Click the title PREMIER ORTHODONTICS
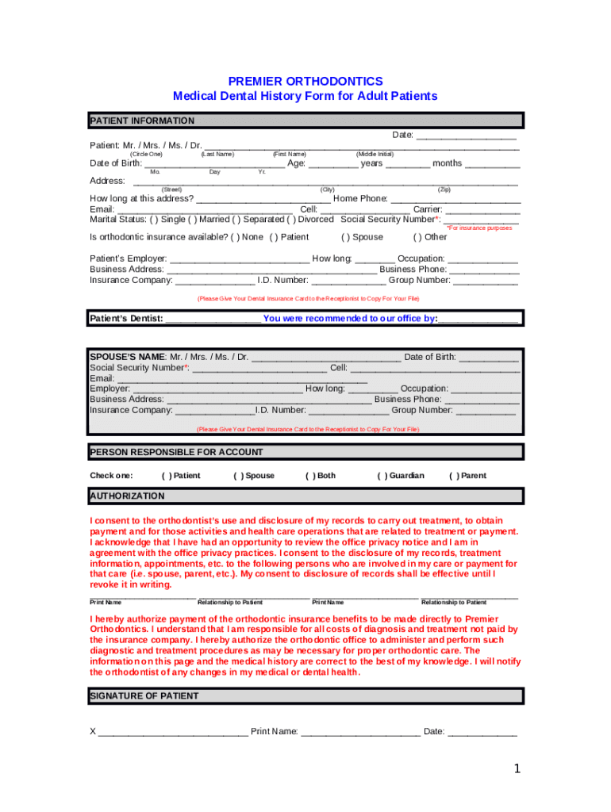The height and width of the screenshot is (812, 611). click(305, 82)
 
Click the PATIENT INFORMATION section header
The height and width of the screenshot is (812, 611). click(143, 121)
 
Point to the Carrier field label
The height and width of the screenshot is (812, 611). click(427, 209)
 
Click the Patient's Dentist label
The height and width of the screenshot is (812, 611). click(126, 319)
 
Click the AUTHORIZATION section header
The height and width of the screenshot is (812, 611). click(128, 496)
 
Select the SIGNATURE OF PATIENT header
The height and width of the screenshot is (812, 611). click(144, 695)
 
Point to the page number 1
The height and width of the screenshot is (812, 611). click(516, 768)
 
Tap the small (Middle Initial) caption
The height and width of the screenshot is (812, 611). click(375, 154)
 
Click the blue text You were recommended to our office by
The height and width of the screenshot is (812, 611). click(350, 319)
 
